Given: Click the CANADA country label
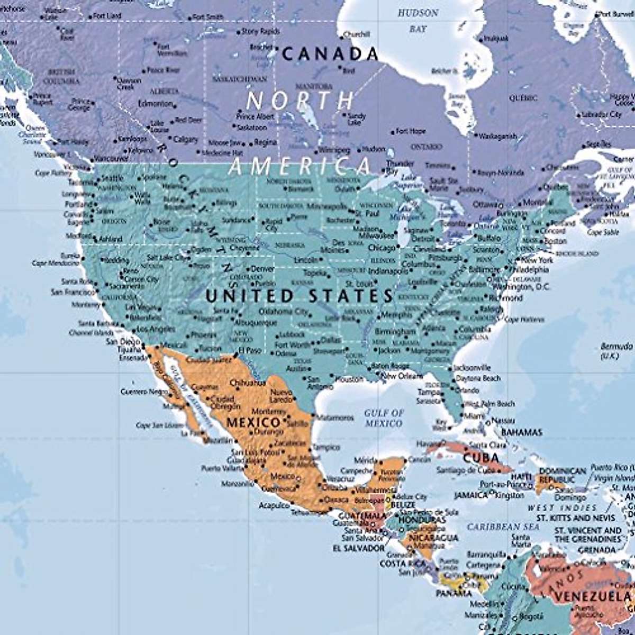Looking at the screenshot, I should (330, 53).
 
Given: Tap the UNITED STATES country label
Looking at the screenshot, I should (300, 296).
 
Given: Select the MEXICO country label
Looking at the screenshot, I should (253, 422).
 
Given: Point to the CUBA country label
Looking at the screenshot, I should (480, 457).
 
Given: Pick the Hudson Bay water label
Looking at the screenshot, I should (418, 20).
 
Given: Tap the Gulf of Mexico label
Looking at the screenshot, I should (384, 418).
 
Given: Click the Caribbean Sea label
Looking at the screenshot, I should (503, 527).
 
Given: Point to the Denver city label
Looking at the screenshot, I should (262, 269).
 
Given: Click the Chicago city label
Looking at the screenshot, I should (382, 248).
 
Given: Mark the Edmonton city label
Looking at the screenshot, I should (155, 104).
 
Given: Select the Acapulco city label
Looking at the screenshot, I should (274, 505).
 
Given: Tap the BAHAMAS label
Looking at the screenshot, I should (521, 432).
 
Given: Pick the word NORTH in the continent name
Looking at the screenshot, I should (300, 100).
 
